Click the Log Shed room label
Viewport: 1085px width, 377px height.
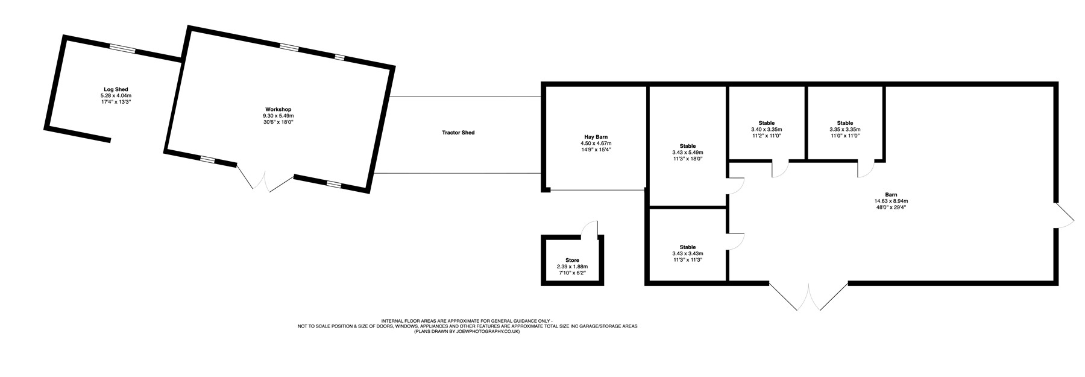click(115, 89)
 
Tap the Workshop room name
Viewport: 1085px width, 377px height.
click(277, 109)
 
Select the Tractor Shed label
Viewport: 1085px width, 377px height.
click(458, 133)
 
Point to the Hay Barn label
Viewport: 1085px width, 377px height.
click(596, 137)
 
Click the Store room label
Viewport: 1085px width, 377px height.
click(572, 261)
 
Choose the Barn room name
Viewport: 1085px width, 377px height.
click(891, 195)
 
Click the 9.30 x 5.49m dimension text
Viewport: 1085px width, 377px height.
click(277, 116)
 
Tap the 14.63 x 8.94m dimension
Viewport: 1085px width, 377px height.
click(891, 201)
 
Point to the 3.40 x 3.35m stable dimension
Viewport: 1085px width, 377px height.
click(766, 129)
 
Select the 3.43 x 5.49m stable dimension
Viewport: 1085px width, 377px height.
click(688, 153)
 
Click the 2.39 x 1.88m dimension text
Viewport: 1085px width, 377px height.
click(572, 267)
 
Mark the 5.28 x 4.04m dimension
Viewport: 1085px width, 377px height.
click(115, 95)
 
